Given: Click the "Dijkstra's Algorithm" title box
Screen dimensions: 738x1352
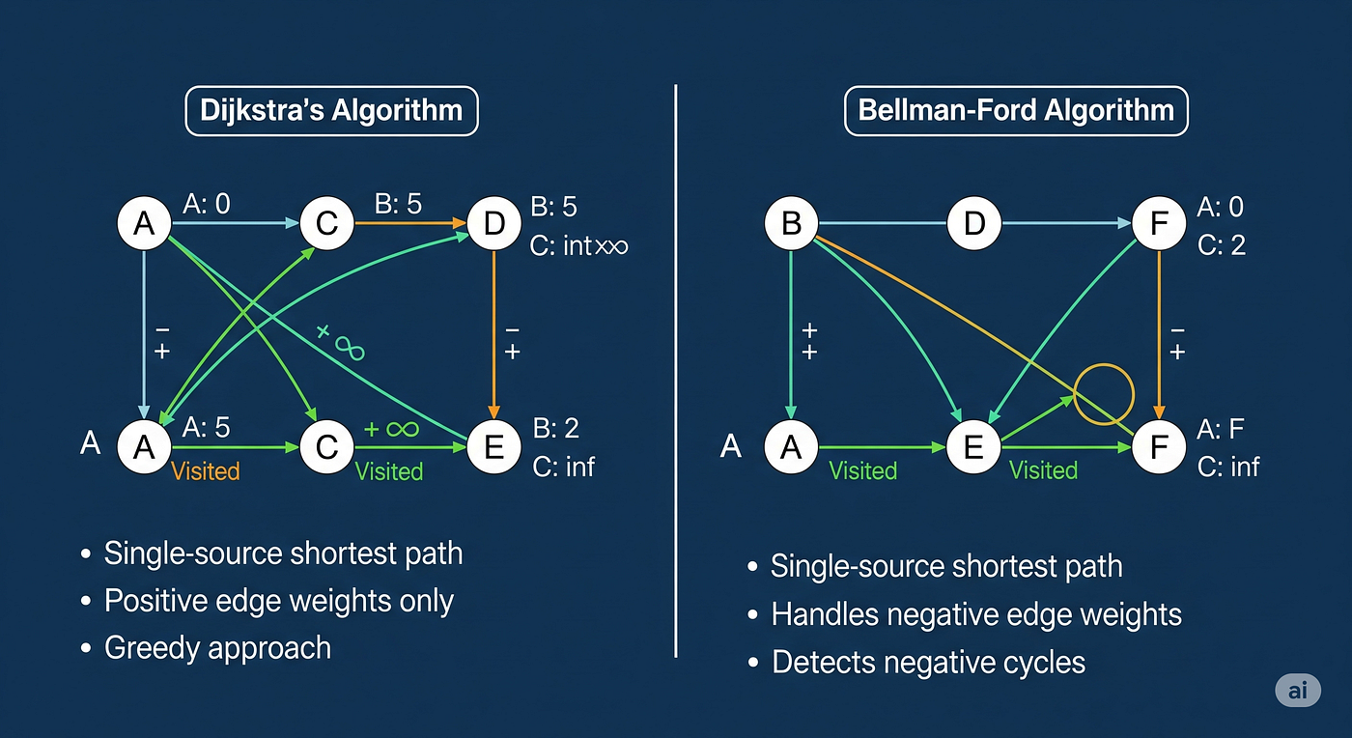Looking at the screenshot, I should (331, 110).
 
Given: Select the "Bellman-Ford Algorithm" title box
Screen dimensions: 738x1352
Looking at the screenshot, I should (1016, 110).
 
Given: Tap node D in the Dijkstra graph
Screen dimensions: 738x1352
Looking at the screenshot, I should (493, 224).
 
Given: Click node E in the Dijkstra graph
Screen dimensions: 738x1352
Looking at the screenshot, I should (493, 446).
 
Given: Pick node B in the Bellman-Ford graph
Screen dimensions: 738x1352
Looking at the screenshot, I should (791, 224).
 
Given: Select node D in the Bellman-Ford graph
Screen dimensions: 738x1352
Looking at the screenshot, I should (974, 224).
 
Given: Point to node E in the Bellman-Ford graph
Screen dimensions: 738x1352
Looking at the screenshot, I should (974, 446).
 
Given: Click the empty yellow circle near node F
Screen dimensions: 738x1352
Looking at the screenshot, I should (1102, 395).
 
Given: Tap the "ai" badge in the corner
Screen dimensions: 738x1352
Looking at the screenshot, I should (1297, 692).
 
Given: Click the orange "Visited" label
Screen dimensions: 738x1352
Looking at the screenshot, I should (205, 471).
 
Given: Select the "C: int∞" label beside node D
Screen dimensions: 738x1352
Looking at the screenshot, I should (579, 245).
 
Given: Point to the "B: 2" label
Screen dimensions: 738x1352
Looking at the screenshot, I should (556, 428).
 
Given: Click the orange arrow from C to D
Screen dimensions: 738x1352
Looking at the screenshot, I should (413, 223).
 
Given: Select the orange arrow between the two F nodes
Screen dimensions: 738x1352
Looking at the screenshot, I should (1159, 333).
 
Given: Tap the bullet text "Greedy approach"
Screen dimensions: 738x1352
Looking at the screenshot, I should (217, 647).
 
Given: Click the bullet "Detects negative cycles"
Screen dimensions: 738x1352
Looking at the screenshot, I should (928, 663).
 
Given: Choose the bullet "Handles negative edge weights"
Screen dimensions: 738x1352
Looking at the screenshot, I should (976, 614).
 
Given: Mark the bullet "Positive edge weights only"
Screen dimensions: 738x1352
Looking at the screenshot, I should (279, 601).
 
